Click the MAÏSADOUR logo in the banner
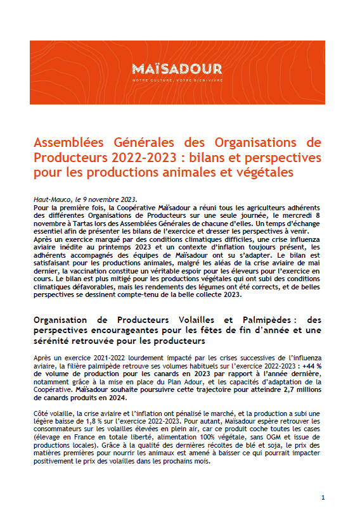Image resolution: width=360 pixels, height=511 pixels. [177, 68]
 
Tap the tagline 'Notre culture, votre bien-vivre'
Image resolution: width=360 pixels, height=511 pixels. [177, 80]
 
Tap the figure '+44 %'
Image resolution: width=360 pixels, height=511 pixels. [309, 365]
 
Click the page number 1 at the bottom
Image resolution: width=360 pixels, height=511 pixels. [323, 497]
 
